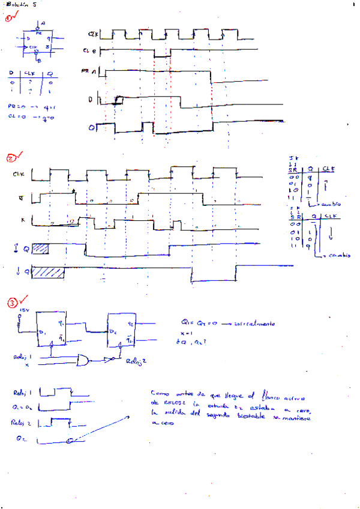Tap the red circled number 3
coord(12,303)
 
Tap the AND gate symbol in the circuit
coord(84,360)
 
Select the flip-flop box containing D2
coord(123,329)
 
